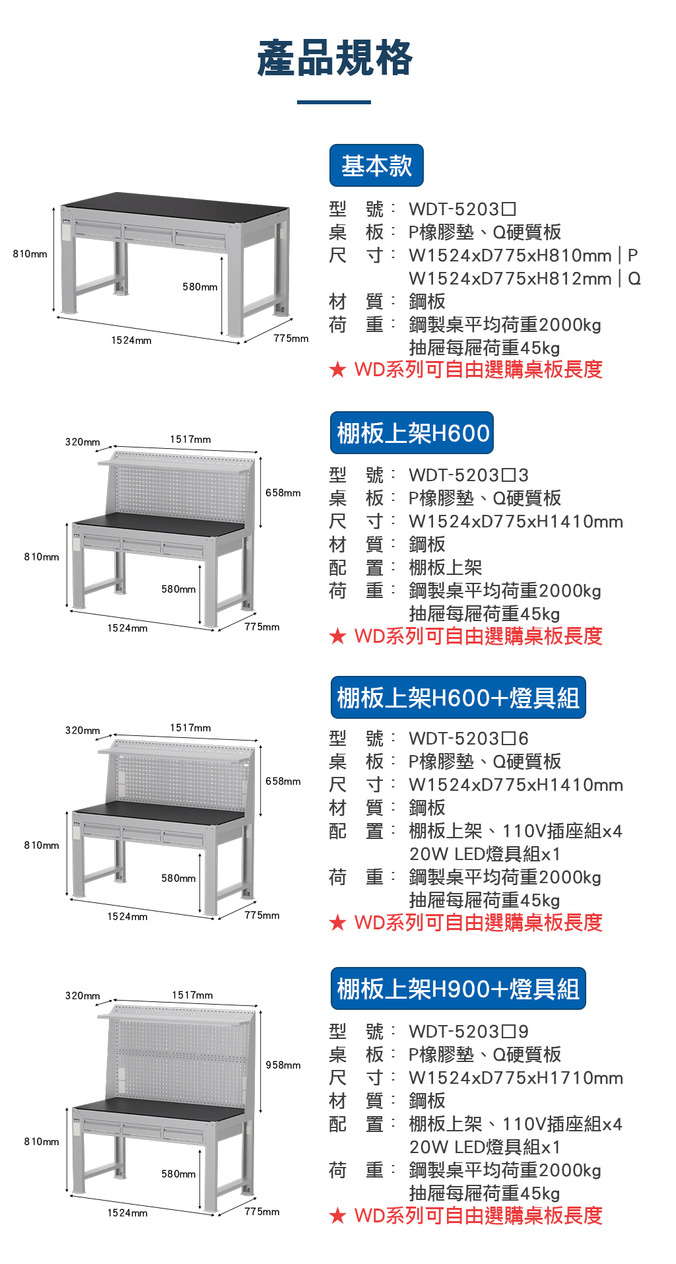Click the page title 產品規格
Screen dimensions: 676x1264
335,58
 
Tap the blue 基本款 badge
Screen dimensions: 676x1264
376,166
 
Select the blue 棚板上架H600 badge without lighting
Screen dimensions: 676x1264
412,433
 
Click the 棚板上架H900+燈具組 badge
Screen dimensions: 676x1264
458,989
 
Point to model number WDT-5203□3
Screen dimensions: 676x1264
469,475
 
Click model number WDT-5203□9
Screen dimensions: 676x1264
469,1032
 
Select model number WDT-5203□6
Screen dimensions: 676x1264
469,739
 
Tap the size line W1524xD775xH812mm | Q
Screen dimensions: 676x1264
525,279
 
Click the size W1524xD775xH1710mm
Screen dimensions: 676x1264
516,1078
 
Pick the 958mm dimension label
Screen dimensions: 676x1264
283,1065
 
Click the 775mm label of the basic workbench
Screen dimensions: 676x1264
291,339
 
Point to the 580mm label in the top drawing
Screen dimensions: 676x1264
200,287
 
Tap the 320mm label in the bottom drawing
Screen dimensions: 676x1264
83,995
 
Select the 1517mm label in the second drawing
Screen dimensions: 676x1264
191,440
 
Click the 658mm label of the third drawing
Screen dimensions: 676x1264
283,782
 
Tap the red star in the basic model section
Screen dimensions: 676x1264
337,370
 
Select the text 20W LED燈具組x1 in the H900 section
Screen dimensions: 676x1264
485,1147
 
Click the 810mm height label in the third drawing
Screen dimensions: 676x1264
42,846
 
